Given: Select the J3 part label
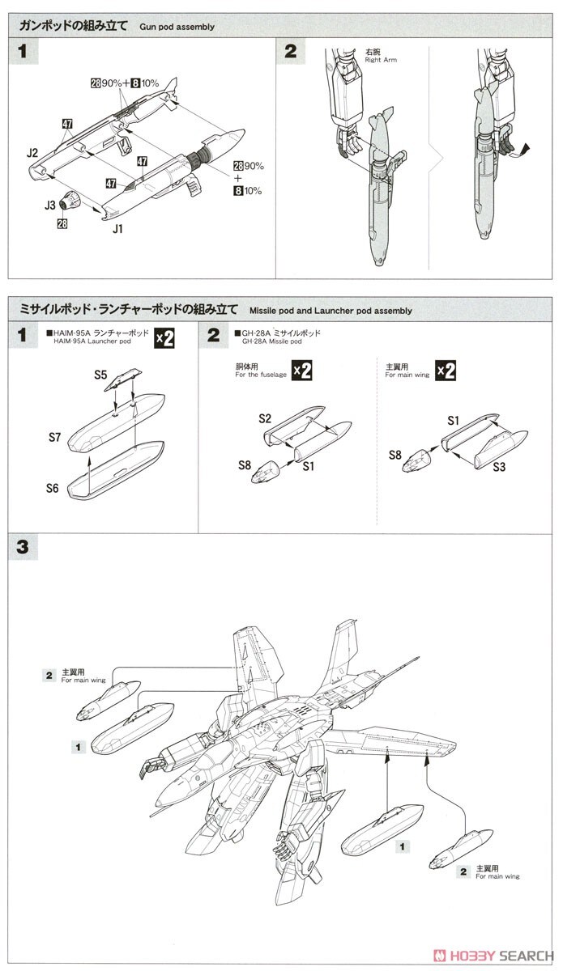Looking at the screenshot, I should (x=50, y=206).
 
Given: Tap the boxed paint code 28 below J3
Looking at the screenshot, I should (x=62, y=223).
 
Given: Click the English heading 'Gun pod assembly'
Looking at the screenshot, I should (x=175, y=27).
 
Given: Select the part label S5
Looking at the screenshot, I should (x=100, y=375).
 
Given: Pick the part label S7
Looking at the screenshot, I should (x=54, y=437).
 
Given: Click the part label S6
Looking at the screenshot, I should (x=54, y=489).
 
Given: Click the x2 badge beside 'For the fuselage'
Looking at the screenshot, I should (x=301, y=371).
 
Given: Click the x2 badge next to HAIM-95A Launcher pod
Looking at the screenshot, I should (x=164, y=338).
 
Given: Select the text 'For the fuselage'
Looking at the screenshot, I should (x=261, y=375).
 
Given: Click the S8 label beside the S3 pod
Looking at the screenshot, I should (x=395, y=455).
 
